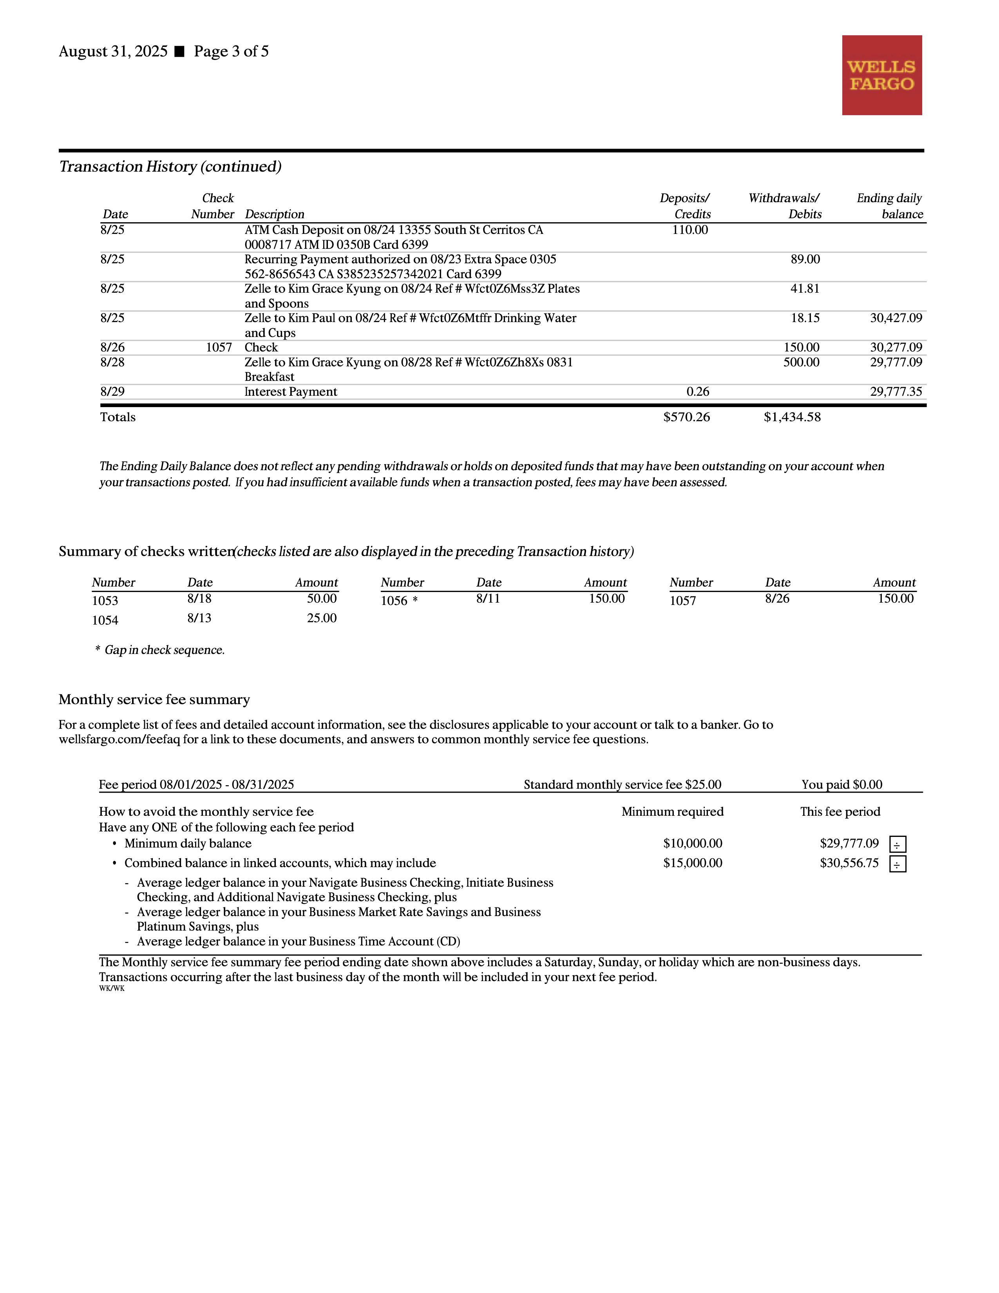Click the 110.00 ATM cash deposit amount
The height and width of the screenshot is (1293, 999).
pos(690,230)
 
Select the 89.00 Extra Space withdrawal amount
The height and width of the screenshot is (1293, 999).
pos(805,259)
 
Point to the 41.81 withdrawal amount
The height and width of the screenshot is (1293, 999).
pos(805,289)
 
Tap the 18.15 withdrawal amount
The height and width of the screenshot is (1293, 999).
pos(805,318)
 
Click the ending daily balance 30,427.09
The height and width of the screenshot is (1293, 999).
pos(896,318)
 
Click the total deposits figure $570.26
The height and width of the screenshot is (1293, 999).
pos(686,417)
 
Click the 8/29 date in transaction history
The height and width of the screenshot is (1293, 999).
pos(112,392)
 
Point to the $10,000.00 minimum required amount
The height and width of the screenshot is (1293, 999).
pos(692,844)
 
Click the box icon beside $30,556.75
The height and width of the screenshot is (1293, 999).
pos(897,864)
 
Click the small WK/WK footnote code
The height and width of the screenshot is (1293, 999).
pos(112,989)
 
